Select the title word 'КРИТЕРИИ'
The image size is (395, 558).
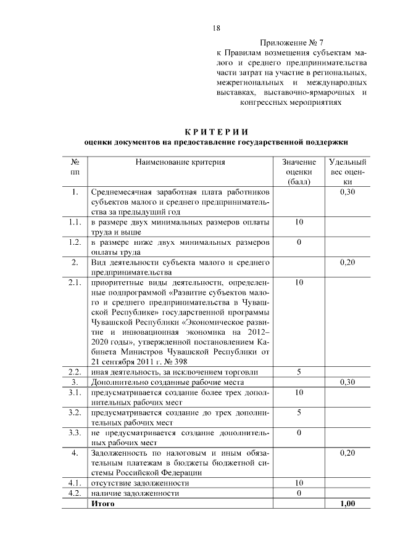pos(216,131)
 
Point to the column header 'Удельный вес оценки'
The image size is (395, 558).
pos(347,172)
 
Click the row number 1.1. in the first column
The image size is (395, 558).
pos(75,221)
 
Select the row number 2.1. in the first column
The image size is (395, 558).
pos(75,282)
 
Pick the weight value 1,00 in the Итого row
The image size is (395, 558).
pos(347,504)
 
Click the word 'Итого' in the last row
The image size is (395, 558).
pos(102,504)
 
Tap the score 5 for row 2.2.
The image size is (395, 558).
pos(299,372)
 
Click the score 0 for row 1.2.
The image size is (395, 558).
pos(299,242)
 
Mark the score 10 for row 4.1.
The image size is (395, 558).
pos(299,483)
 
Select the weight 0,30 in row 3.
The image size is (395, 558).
pos(347,382)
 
